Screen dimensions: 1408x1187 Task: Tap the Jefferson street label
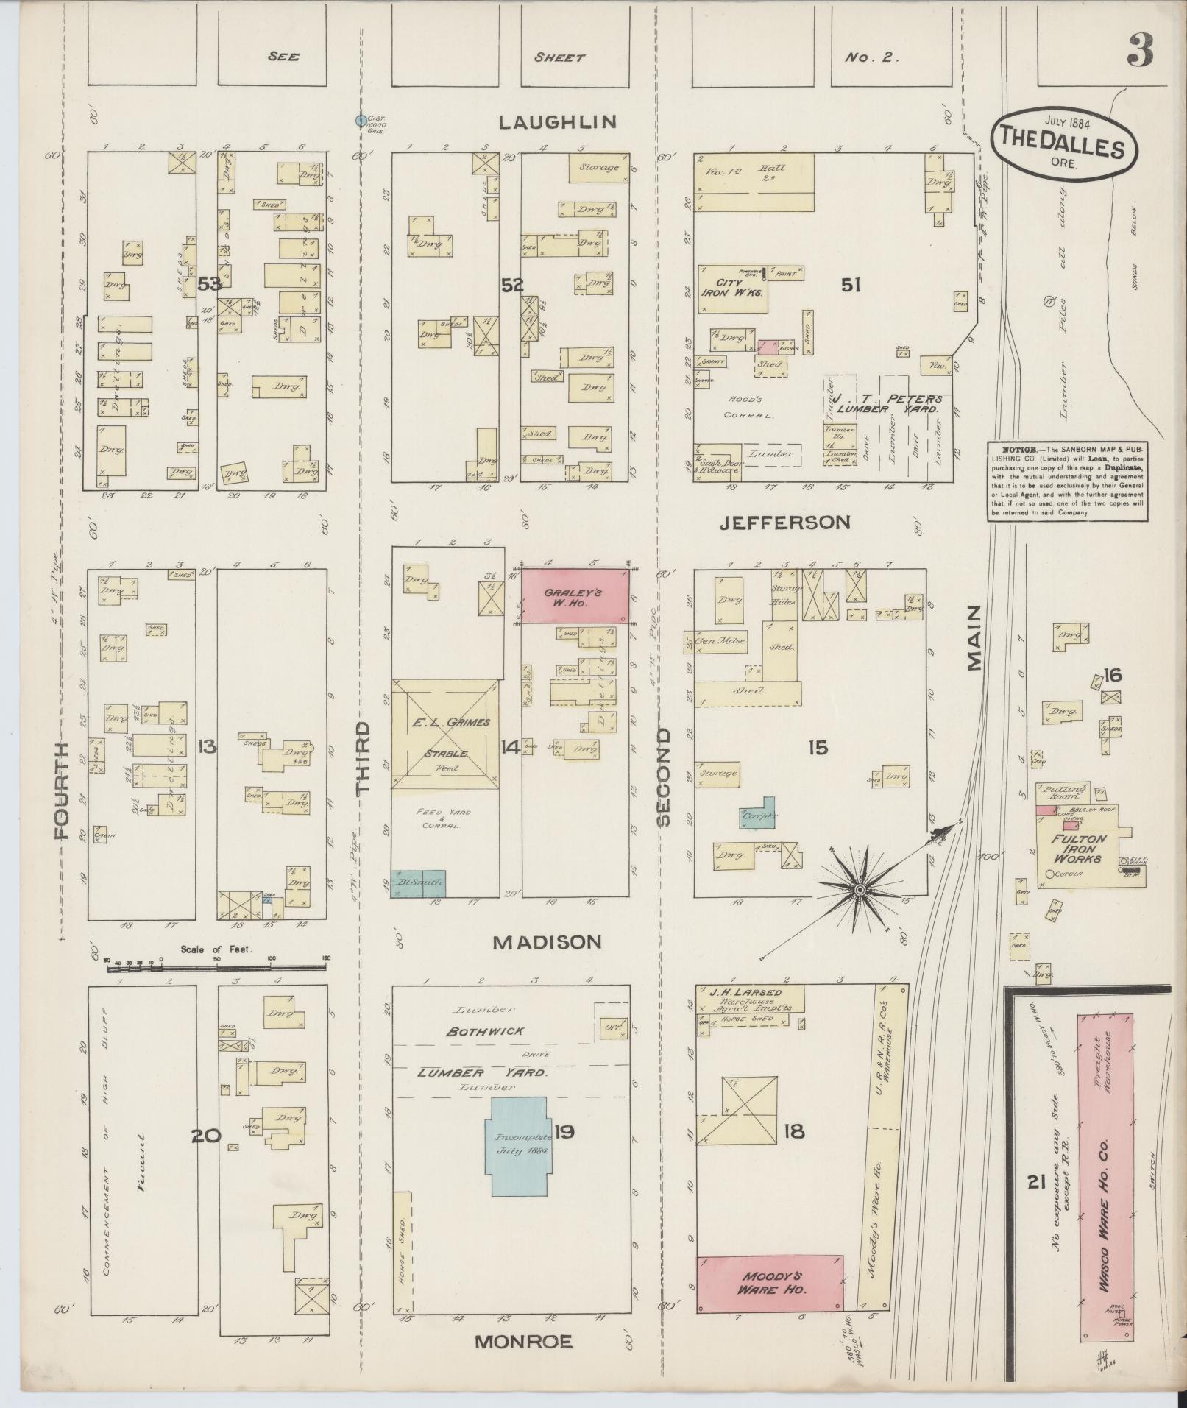click(784, 523)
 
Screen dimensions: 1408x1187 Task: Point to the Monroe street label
click(523, 1342)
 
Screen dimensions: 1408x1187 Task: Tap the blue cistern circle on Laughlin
click(361, 120)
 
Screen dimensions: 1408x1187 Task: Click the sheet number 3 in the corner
click(1138, 52)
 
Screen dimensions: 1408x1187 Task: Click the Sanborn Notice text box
click(1066, 481)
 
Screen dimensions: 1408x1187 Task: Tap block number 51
click(851, 285)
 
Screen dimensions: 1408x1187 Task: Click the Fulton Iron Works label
click(1079, 849)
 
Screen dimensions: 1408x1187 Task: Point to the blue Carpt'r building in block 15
click(759, 814)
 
